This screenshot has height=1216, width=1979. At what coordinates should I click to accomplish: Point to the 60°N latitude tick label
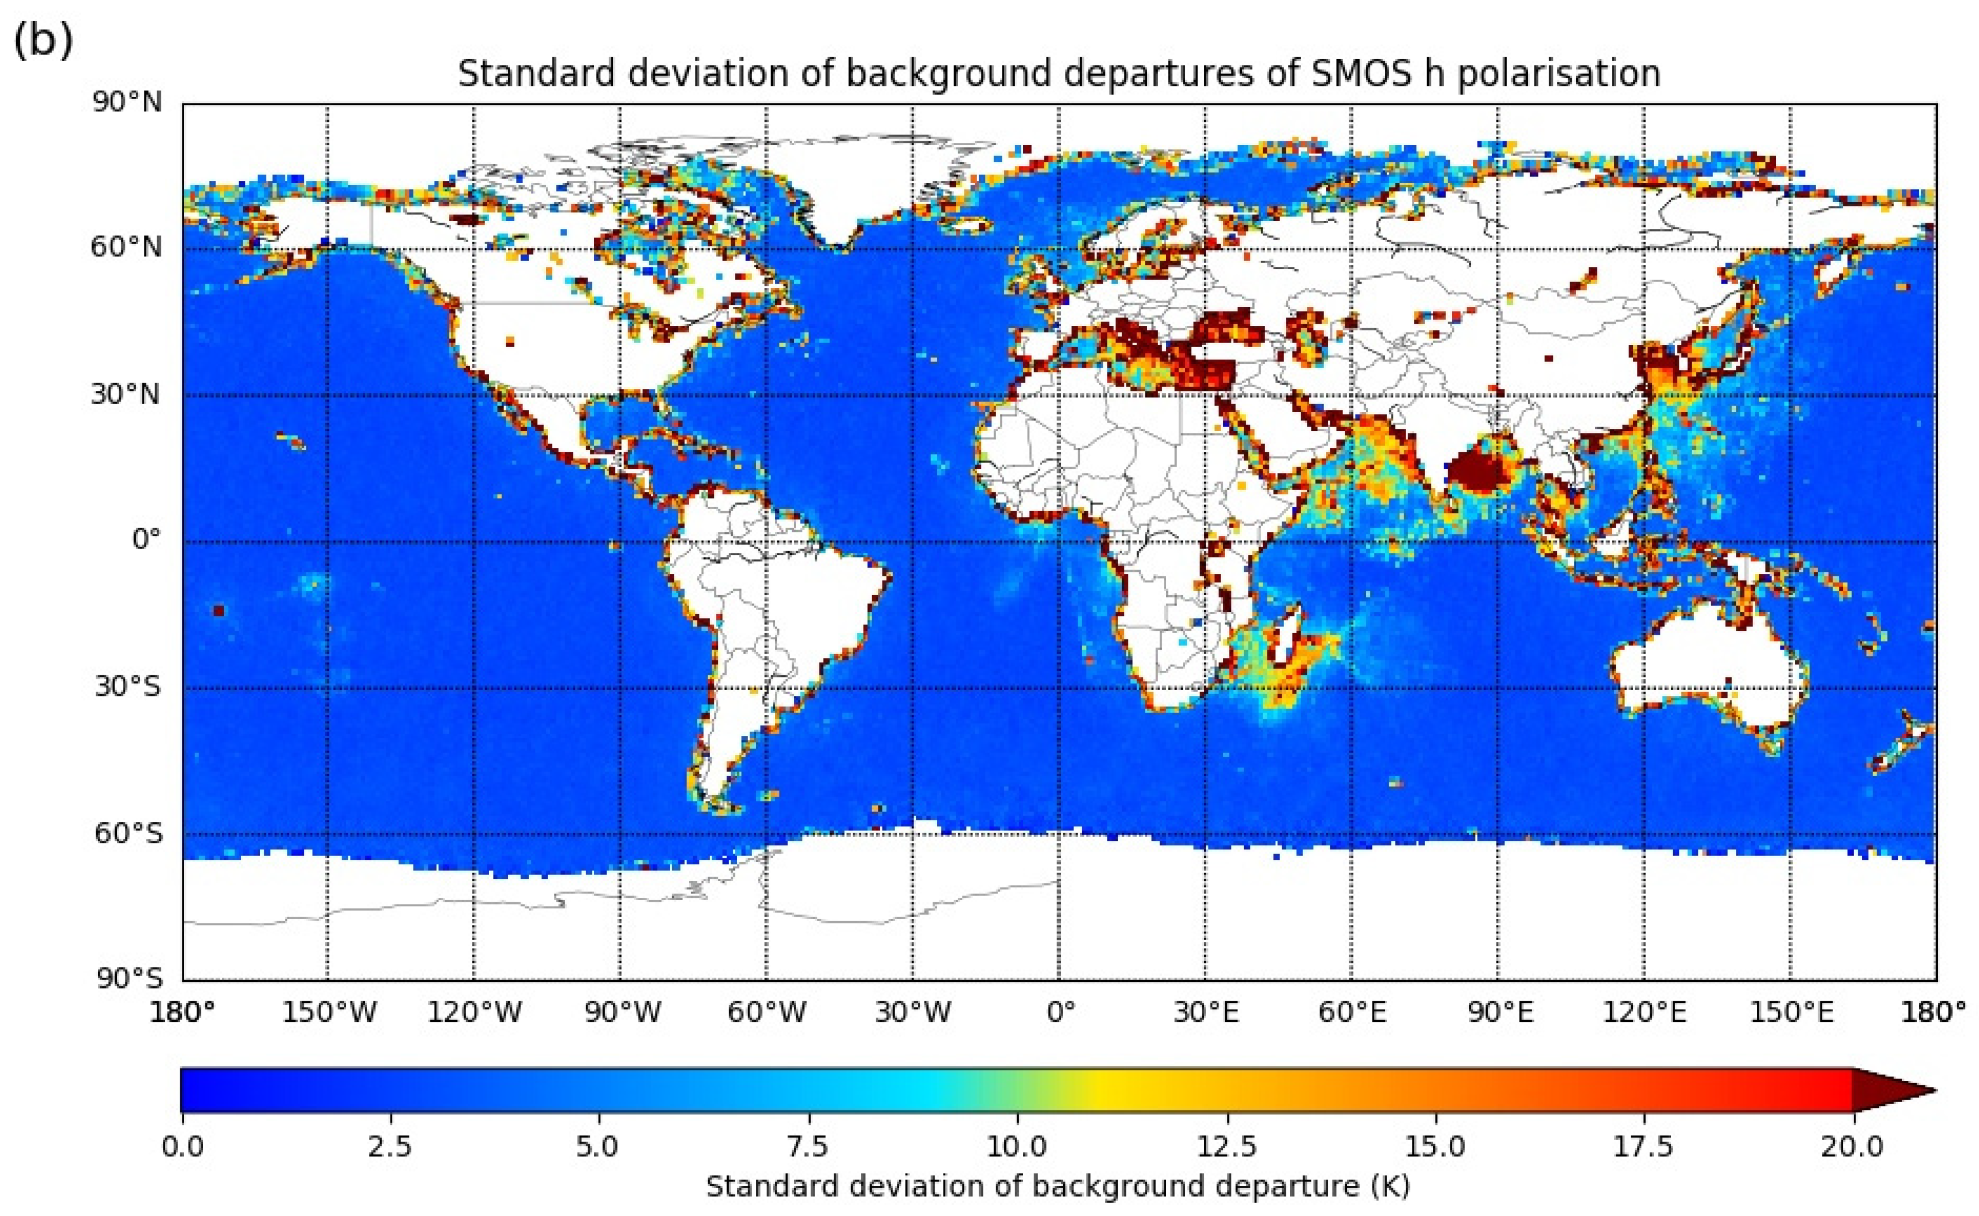click(x=126, y=247)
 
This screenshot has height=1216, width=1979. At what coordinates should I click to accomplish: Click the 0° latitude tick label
click(x=146, y=540)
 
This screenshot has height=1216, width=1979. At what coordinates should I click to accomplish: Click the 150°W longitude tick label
click(x=328, y=1012)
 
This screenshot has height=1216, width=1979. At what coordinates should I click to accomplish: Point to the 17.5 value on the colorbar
click(x=1643, y=1145)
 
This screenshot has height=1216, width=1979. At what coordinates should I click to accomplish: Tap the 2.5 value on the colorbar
click(x=391, y=1145)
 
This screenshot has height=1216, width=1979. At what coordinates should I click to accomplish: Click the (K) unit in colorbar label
click(x=1391, y=1187)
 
